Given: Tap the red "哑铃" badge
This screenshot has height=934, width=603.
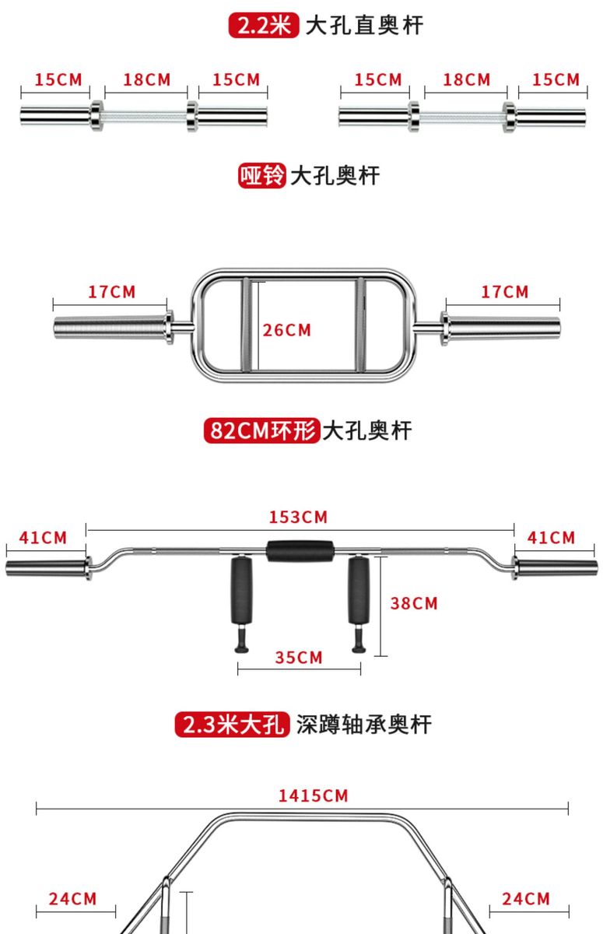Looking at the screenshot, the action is [x=261, y=175].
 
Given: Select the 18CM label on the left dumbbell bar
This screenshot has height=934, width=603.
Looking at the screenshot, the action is [x=147, y=79].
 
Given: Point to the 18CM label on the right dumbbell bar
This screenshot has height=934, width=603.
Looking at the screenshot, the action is [x=467, y=79].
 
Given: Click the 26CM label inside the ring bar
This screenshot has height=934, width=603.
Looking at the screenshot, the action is [x=286, y=330].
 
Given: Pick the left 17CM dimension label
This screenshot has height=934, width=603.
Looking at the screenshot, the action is [x=111, y=292].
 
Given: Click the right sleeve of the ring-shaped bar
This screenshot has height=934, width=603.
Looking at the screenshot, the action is [x=502, y=325].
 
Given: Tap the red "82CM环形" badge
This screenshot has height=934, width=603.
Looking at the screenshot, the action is [x=261, y=430].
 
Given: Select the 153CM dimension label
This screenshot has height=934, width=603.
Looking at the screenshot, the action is [x=299, y=517].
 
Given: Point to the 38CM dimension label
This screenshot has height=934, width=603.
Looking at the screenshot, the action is [x=414, y=603].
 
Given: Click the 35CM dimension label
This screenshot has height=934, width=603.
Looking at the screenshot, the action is [x=299, y=658].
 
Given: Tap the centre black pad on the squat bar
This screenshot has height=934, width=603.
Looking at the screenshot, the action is [x=300, y=550].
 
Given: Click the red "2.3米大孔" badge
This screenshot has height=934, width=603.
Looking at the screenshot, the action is [x=232, y=725].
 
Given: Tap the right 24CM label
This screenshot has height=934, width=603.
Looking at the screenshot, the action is [x=526, y=899].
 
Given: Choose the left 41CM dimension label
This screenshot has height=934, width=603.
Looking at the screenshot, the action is [x=44, y=537].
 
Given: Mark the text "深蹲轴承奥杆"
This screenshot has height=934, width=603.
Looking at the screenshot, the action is [x=363, y=725].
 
